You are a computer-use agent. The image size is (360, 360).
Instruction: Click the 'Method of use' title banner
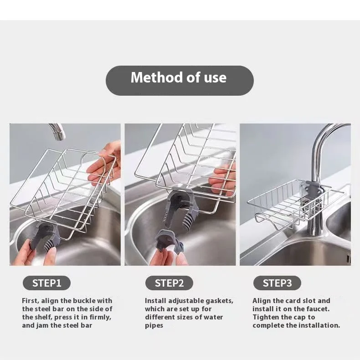pyautogui.click(x=180, y=81)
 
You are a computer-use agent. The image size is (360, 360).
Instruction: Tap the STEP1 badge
pyautogui.click(x=46, y=283)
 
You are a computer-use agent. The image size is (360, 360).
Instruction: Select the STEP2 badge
pyautogui.click(x=169, y=283)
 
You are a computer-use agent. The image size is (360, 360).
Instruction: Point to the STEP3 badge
pyautogui.click(x=277, y=283)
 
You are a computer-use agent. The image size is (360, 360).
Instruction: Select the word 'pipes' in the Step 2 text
pyautogui.click(x=154, y=326)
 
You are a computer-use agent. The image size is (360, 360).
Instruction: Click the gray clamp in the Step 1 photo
pyautogui.click(x=46, y=237)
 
